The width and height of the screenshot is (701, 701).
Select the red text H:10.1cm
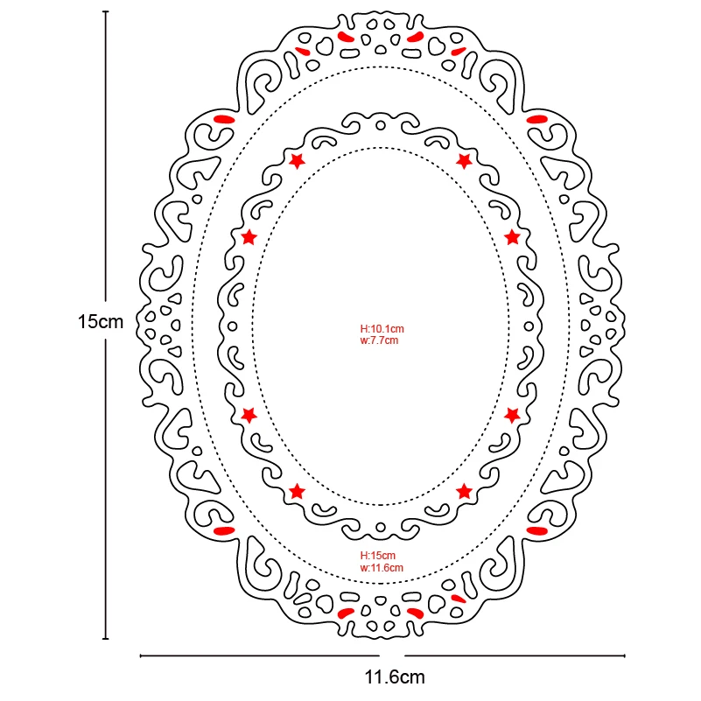[x=382, y=329]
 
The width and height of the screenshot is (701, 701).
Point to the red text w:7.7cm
[x=379, y=340]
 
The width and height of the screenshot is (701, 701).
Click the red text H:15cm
[x=378, y=556]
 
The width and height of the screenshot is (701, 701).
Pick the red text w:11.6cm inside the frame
[x=382, y=567]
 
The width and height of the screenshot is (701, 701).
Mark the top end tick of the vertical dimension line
[x=106, y=12]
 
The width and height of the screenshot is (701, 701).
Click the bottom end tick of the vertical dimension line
[x=106, y=638]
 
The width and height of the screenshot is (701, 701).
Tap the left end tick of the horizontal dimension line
[x=141, y=655]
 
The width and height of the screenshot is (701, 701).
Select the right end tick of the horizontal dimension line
[x=624, y=655]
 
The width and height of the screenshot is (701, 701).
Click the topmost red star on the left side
[x=297, y=160]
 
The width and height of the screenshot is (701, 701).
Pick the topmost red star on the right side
[x=464, y=160]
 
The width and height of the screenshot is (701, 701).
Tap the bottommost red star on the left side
[x=297, y=491]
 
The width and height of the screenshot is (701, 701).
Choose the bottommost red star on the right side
[x=464, y=491]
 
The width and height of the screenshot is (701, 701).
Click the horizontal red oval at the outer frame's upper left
[x=224, y=118]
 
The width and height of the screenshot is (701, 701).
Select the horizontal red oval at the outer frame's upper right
[x=536, y=118]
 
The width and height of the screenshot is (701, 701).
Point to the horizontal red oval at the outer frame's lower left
[x=224, y=531]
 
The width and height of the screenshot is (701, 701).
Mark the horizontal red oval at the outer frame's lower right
[x=536, y=531]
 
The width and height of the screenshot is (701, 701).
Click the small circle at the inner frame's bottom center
[x=381, y=528]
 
